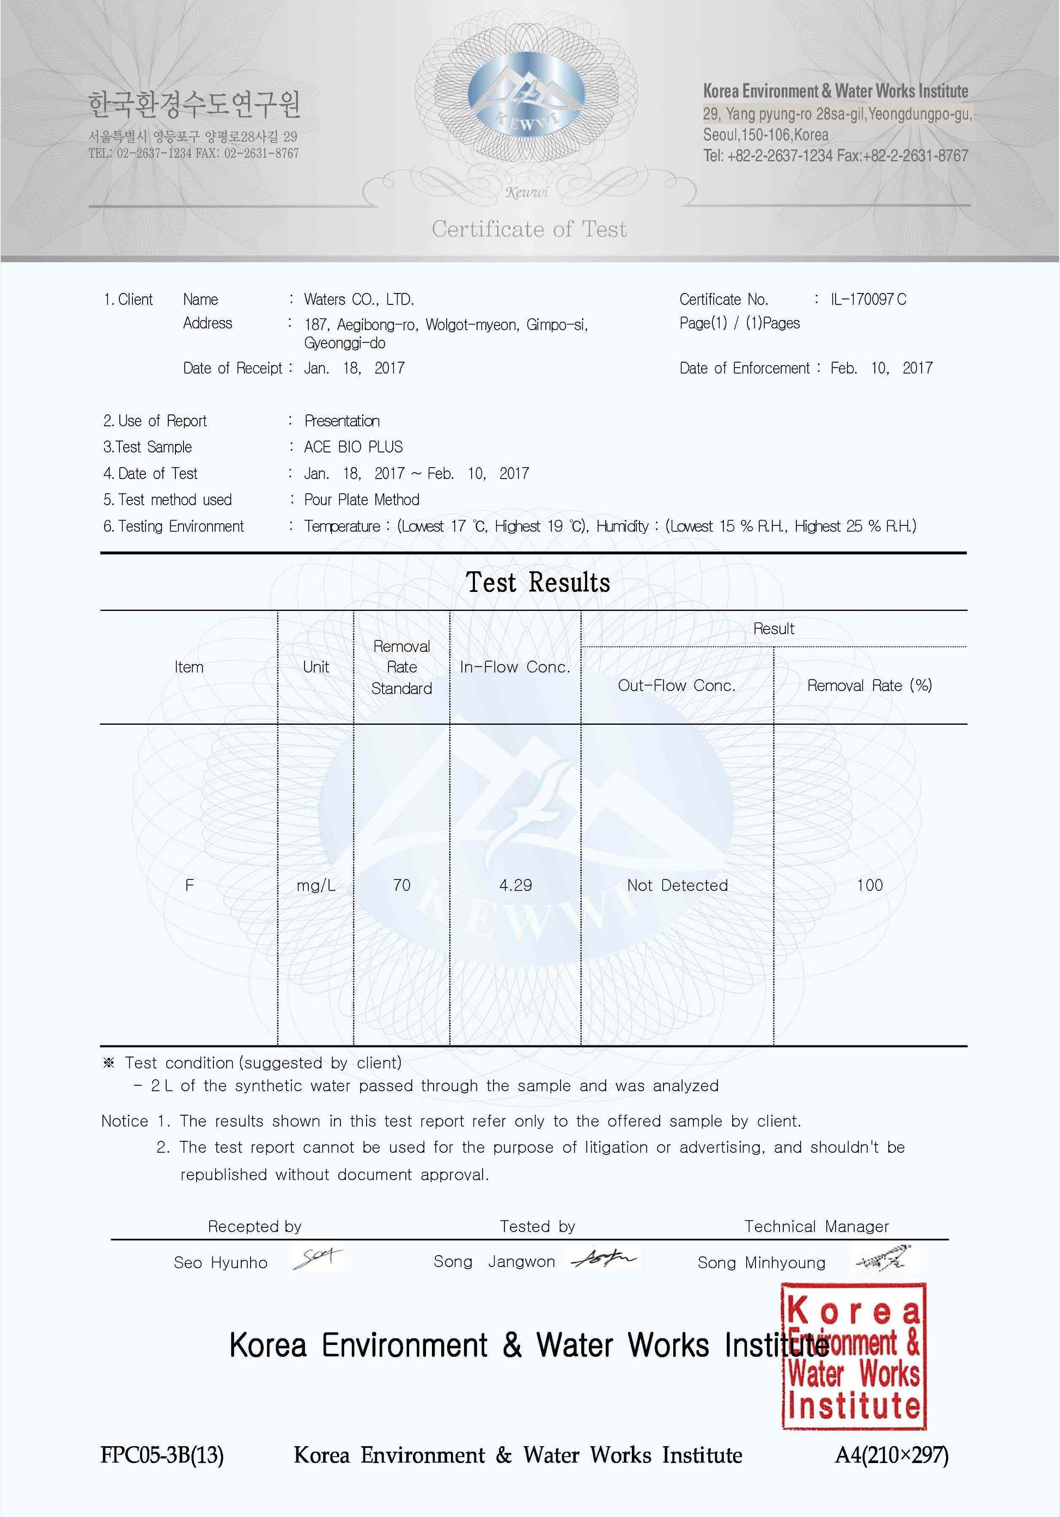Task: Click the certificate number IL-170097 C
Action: tap(868, 299)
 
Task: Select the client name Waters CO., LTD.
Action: tap(359, 299)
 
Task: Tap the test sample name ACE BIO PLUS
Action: tap(353, 446)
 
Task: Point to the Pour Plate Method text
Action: tap(362, 499)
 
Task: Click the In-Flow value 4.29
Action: tap(515, 885)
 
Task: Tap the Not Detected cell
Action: tap(678, 885)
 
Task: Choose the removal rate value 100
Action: tap(869, 885)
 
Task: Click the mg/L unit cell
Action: tap(316, 885)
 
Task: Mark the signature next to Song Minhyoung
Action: tap(884, 1259)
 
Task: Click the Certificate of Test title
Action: tap(529, 229)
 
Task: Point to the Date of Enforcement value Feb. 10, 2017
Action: tap(881, 368)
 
